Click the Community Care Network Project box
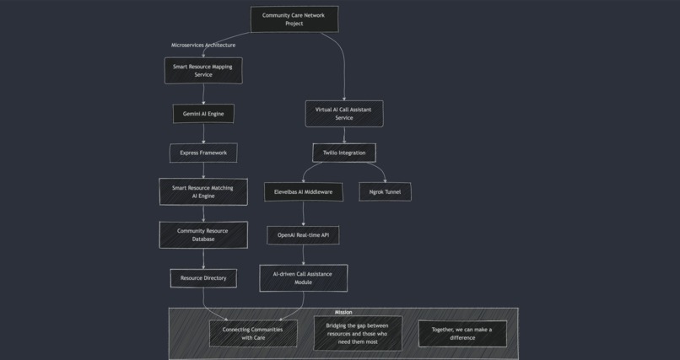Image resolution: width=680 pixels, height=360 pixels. tap(294, 19)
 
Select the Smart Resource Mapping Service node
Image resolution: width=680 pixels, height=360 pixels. tap(203, 71)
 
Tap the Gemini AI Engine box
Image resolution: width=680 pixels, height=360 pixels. tap(203, 114)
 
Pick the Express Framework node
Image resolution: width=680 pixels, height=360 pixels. tap(203, 153)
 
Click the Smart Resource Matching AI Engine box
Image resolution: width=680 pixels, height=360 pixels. tap(203, 191)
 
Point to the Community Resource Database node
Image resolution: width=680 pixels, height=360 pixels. tap(203, 234)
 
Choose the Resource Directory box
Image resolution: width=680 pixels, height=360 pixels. tap(203, 277)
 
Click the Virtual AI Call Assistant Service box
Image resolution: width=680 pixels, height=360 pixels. tap(343, 114)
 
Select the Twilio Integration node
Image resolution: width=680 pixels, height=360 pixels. tap(343, 153)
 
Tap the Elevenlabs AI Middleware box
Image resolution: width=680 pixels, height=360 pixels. tap(303, 192)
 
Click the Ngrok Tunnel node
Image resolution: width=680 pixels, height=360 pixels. tap(385, 192)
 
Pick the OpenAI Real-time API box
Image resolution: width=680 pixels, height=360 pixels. tap(303, 235)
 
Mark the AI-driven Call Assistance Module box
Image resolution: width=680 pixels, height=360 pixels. tap(303, 278)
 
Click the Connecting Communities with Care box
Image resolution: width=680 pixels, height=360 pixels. tap(253, 334)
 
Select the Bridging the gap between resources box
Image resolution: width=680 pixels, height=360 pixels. tap(358, 334)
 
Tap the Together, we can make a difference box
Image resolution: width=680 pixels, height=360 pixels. tap(462, 334)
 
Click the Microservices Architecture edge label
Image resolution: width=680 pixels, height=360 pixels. tap(203, 45)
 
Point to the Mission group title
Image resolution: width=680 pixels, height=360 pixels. tap(343, 313)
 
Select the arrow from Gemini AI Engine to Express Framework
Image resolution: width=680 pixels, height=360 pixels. tap(203, 133)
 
